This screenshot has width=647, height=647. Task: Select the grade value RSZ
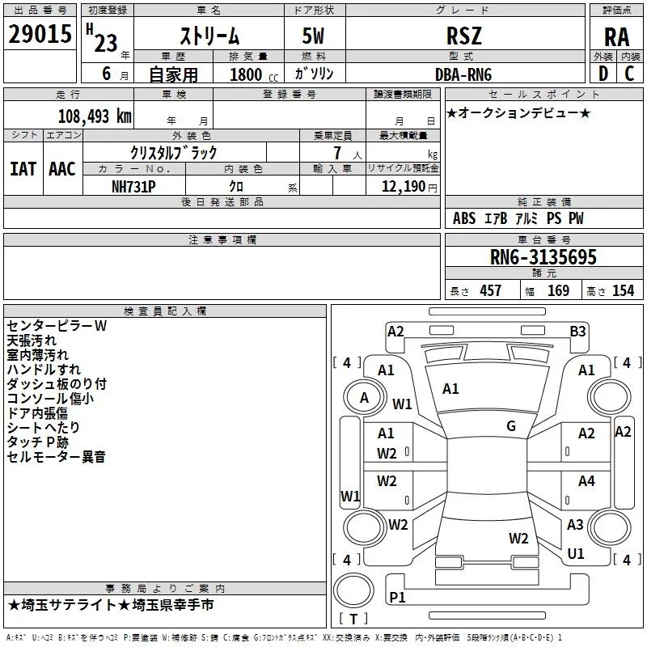(x=464, y=36)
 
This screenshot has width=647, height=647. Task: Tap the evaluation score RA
(x=616, y=37)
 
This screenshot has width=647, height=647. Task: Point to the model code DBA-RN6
(x=464, y=74)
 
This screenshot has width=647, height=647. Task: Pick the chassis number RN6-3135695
(x=543, y=257)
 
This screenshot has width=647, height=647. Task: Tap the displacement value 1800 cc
(x=251, y=74)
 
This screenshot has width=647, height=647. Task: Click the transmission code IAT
(x=23, y=168)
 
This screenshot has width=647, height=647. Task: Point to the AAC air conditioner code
(x=62, y=168)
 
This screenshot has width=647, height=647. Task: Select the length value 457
(x=490, y=290)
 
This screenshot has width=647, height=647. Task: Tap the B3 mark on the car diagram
(x=577, y=331)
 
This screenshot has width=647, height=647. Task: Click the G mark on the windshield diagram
(x=511, y=426)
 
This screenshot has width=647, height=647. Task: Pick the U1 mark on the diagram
(x=576, y=554)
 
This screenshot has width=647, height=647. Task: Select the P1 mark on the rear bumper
(x=397, y=597)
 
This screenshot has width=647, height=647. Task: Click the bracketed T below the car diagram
(x=353, y=620)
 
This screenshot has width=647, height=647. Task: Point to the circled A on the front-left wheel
(x=364, y=398)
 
